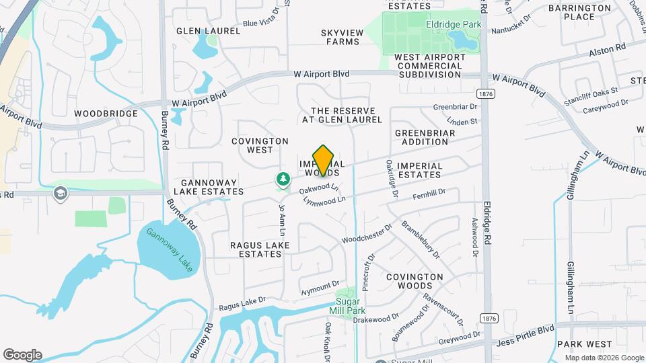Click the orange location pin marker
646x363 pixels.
[324, 161]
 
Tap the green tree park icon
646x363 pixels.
[283, 179]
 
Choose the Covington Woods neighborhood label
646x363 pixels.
[415, 281]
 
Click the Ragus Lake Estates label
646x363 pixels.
[260, 250]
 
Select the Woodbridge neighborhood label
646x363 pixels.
[106, 114]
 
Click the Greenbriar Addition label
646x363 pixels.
[425, 137]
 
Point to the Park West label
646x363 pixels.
[584, 344]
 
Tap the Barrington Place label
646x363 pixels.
[579, 12]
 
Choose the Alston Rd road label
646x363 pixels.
[607, 48]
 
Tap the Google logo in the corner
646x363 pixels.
[22, 354]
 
